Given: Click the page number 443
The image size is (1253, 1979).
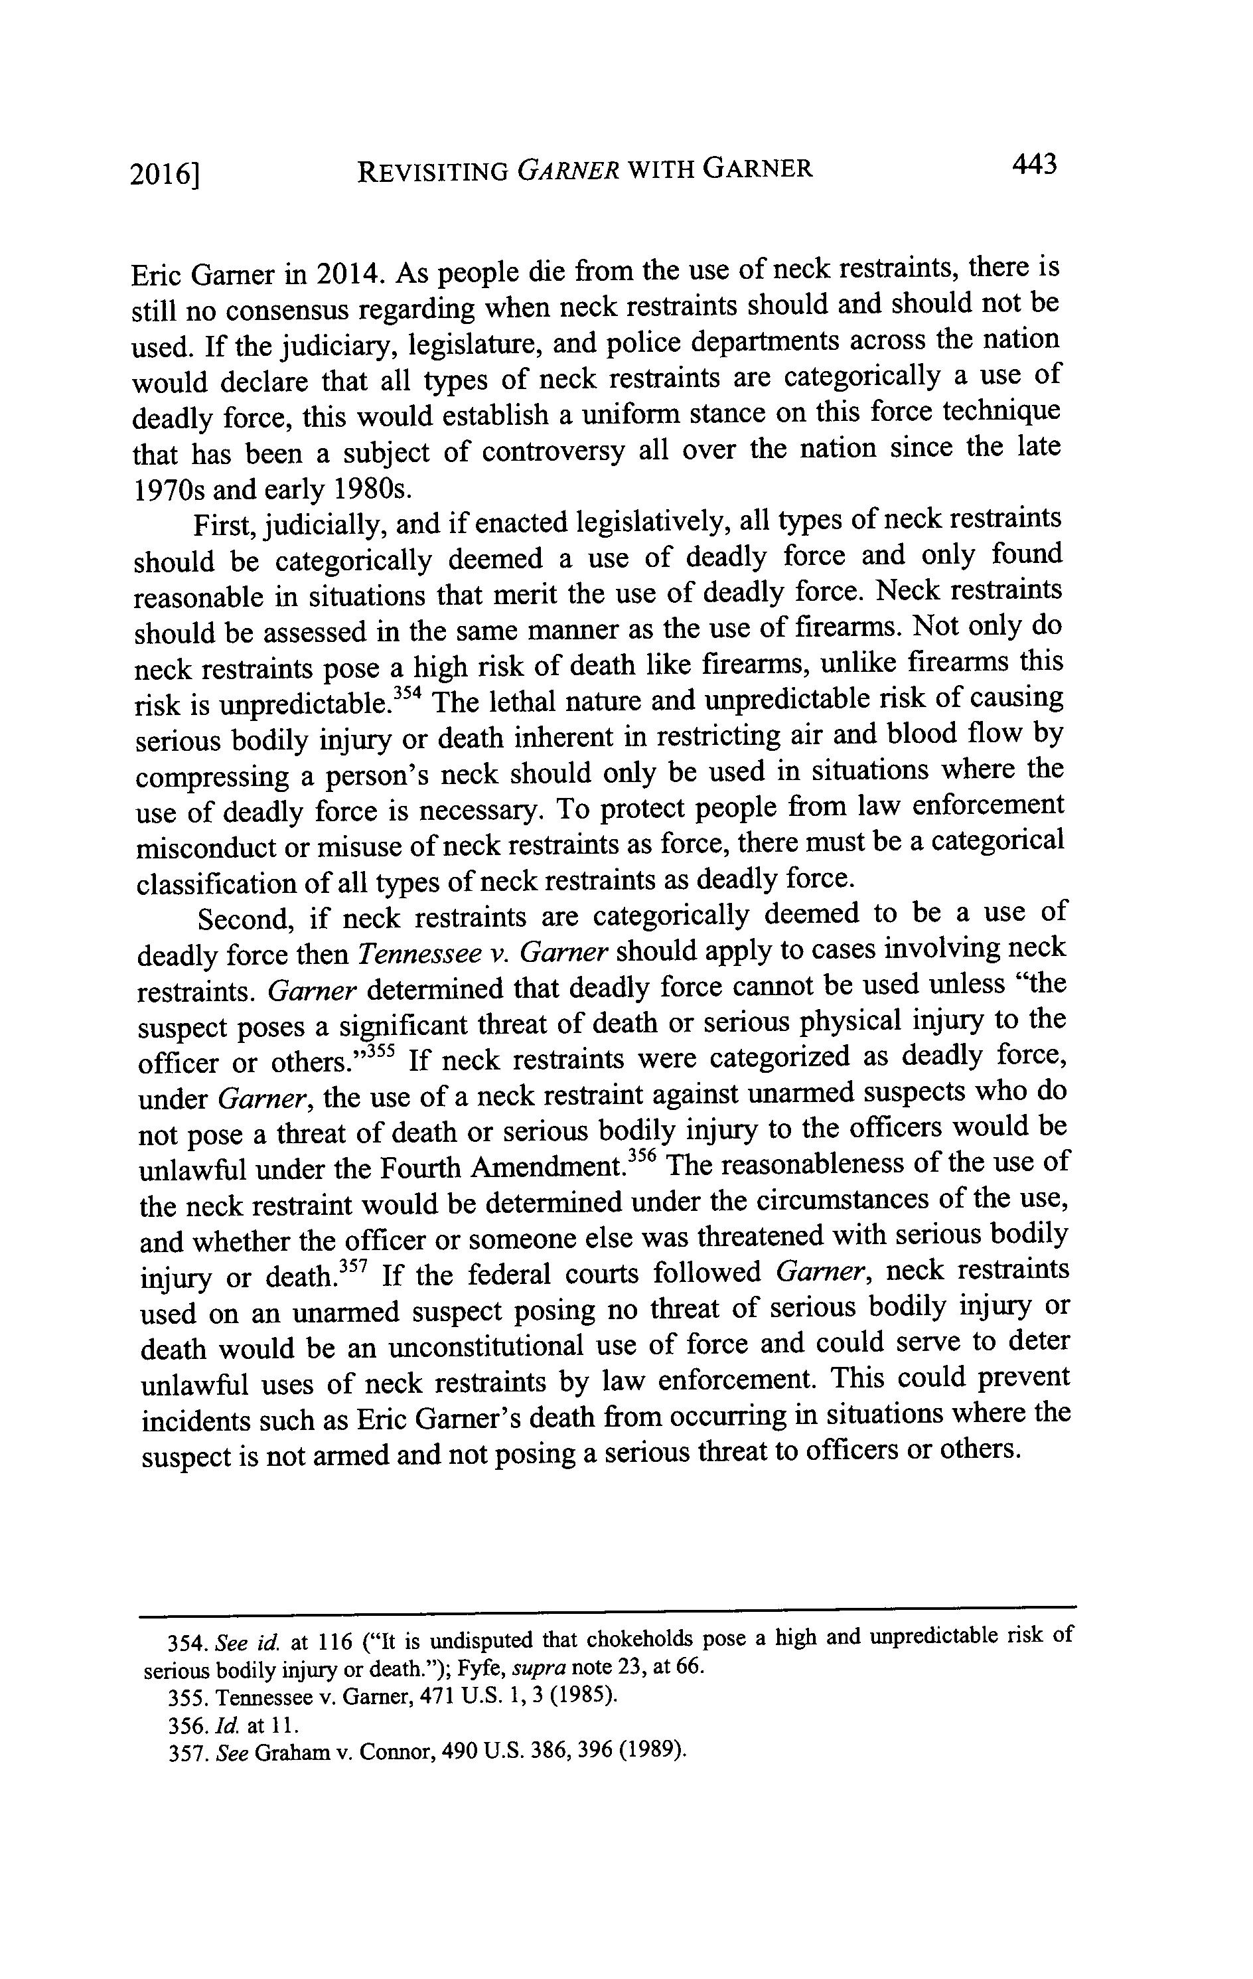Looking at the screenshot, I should point(1033,165).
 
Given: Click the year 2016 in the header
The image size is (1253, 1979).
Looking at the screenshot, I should point(163,174).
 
